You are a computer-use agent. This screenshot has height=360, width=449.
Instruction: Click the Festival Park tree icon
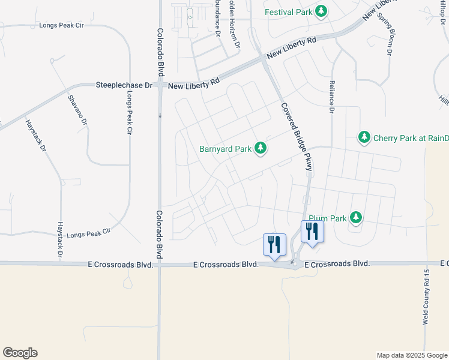pyautogui.click(x=321, y=11)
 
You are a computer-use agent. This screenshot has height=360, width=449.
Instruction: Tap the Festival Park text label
pyautogui.click(x=289, y=11)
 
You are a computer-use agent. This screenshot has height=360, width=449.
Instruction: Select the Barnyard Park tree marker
pyautogui.click(x=260, y=147)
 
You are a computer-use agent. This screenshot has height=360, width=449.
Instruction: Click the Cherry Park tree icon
pyautogui.click(x=364, y=138)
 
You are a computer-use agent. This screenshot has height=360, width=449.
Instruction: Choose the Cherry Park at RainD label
pyautogui.click(x=411, y=138)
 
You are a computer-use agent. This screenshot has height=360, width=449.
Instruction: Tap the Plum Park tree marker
pyautogui.click(x=356, y=217)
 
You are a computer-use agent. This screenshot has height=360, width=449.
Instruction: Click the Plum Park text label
pyautogui.click(x=328, y=218)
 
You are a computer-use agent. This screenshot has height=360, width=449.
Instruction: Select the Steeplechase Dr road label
pyautogui.click(x=124, y=86)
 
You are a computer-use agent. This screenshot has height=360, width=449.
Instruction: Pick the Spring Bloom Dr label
pyautogui.click(x=384, y=34)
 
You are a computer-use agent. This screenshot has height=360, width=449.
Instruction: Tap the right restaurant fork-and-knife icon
pyautogui.click(x=312, y=230)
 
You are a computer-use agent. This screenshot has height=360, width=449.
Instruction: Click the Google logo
pyautogui.click(x=20, y=353)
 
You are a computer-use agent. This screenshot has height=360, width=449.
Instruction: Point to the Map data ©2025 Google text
pyautogui.click(x=411, y=355)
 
